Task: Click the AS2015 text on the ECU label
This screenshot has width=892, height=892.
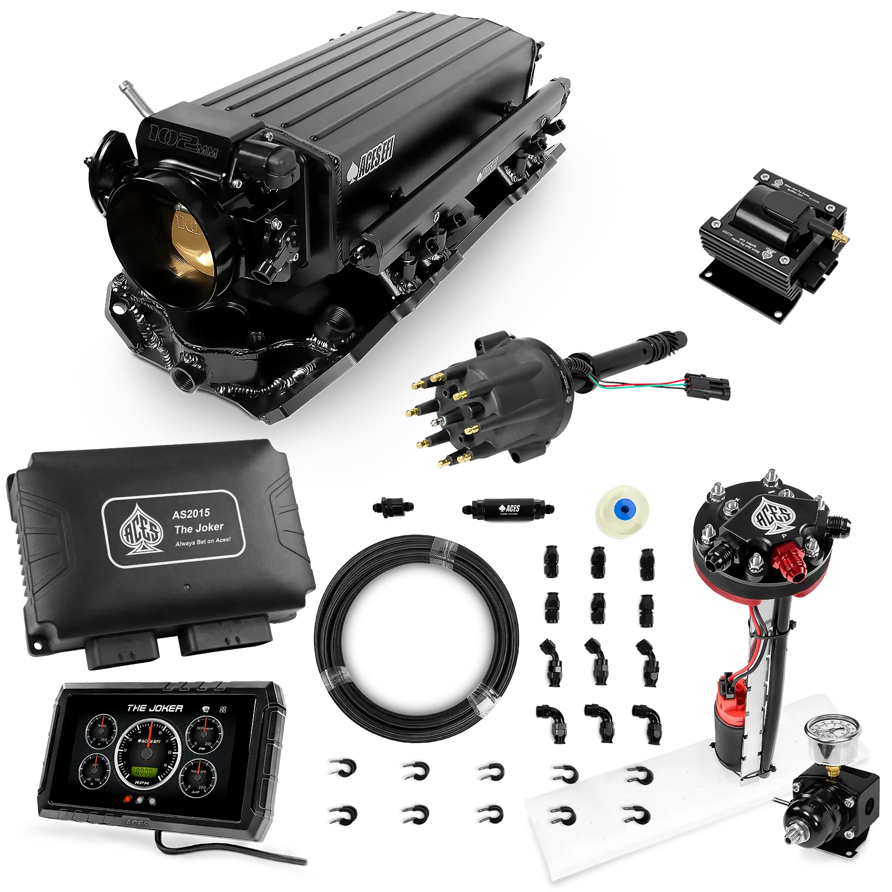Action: pyautogui.click(x=191, y=513)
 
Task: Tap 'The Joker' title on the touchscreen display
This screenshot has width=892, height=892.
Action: pyautogui.click(x=154, y=708)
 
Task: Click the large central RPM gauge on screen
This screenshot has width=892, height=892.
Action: pyautogui.click(x=146, y=754)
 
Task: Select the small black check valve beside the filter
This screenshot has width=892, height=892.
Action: pyautogui.click(x=393, y=507)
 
